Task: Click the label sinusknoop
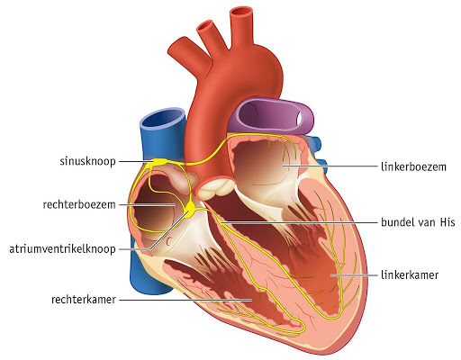[x=87, y=161]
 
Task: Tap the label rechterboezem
[x=79, y=205]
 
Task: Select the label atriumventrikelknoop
[x=62, y=249]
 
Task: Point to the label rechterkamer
[x=84, y=300]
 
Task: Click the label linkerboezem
[x=413, y=166]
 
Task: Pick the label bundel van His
[x=418, y=222]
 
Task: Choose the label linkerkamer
[x=410, y=274]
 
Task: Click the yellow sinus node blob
[x=159, y=162]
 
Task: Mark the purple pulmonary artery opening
[x=303, y=118]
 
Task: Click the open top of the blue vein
[x=163, y=118]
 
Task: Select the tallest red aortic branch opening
[x=242, y=13]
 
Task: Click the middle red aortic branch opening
[x=206, y=27]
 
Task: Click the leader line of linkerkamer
[x=354, y=274]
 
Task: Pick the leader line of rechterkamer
[x=185, y=300]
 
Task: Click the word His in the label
[x=447, y=222]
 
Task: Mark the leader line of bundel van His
[x=299, y=222]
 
